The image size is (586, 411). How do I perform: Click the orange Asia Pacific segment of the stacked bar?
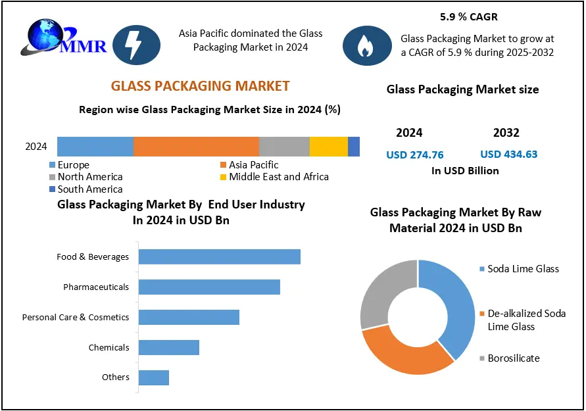click(x=196, y=147)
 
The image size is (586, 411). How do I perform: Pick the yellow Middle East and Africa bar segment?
click(x=328, y=147)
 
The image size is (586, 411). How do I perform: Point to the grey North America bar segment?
click(x=284, y=147)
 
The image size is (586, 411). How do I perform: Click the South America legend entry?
click(x=85, y=189)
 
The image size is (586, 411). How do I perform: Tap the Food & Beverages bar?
click(x=219, y=257)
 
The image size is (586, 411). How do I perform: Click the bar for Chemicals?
click(x=168, y=348)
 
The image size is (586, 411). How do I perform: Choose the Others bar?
click(x=153, y=377)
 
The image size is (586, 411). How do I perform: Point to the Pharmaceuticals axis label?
click(x=96, y=287)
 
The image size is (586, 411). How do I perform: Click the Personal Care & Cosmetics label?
click(x=76, y=318)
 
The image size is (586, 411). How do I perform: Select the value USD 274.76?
click(x=414, y=155)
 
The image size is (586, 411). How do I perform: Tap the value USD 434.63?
click(x=509, y=155)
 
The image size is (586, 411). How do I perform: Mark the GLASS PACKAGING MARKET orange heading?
click(x=200, y=86)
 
